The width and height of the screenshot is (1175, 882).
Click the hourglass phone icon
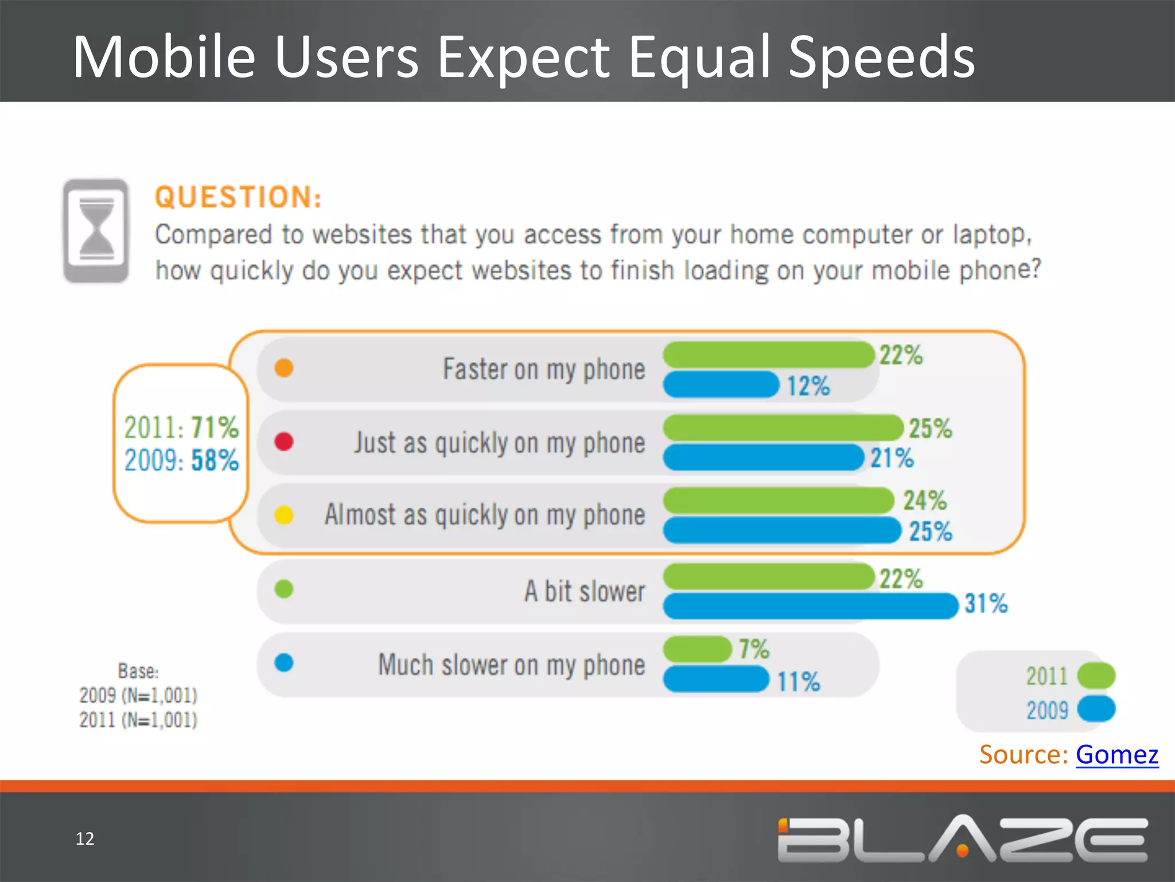[96, 231]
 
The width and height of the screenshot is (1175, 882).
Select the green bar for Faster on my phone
[768, 354]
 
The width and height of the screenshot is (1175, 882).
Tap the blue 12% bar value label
[808, 386]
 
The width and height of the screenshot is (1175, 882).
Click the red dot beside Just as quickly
[284, 442]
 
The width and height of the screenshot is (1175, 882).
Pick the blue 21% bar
[763, 458]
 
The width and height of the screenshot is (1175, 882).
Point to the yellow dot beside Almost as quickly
[284, 515]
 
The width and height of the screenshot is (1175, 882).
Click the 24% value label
[924, 500]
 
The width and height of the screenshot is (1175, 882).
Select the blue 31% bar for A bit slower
[810, 606]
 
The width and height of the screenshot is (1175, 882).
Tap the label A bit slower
[584, 591]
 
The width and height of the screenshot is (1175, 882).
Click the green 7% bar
[698, 649]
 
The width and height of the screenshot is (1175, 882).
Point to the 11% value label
[798, 682]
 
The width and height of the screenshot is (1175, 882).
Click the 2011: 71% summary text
[181, 427]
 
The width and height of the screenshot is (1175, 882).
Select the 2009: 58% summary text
[181, 460]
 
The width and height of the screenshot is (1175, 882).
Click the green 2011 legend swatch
[1096, 675]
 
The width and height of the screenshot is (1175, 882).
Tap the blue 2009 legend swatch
[1096, 709]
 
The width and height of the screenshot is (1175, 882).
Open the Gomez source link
[1116, 754]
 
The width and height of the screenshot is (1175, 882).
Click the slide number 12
[84, 838]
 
